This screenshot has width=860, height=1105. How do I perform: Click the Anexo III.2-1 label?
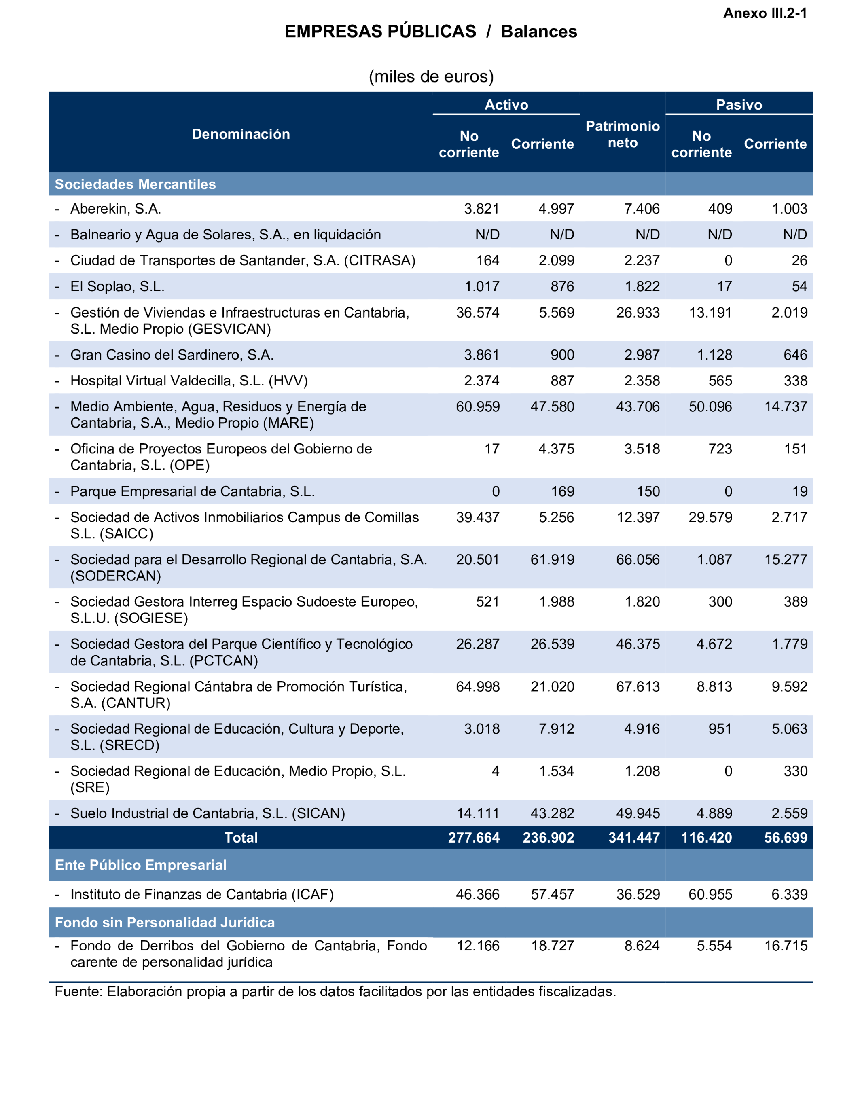click(x=765, y=13)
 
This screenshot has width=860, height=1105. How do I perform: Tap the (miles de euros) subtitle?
click(x=431, y=76)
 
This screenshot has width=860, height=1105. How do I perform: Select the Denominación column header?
click(x=241, y=134)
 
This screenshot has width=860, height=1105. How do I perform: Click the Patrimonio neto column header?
click(x=622, y=134)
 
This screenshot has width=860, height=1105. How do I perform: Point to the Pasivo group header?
click(x=739, y=105)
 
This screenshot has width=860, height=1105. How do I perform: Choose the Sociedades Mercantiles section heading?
click(x=135, y=184)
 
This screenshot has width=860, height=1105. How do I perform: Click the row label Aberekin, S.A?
click(x=115, y=209)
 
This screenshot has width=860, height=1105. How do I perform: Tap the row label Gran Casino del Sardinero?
click(x=172, y=355)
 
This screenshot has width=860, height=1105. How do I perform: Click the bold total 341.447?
click(x=634, y=837)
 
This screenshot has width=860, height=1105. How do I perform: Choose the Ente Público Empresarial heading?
click(x=141, y=865)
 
